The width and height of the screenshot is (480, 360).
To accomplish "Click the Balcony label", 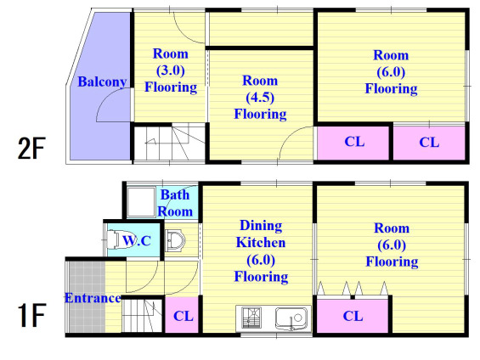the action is (x=102, y=82).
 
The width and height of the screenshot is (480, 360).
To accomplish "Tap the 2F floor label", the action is (x=31, y=149).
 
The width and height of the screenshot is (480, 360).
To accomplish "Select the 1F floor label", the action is (x=31, y=315).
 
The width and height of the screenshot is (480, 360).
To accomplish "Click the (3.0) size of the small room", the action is (x=171, y=70).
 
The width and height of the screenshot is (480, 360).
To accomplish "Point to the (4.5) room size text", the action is (x=260, y=98).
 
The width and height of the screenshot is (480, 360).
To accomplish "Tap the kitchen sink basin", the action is (x=291, y=318).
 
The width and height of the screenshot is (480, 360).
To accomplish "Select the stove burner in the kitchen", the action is (x=251, y=318).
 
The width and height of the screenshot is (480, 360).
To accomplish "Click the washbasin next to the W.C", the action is (x=175, y=240).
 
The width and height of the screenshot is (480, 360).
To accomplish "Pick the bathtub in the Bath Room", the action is (x=141, y=202).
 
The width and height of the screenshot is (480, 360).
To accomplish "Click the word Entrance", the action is (x=93, y=298).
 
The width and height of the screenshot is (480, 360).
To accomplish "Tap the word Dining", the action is (x=261, y=226).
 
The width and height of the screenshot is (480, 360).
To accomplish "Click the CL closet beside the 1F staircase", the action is (x=183, y=315).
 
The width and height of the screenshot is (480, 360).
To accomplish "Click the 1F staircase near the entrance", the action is (x=142, y=315).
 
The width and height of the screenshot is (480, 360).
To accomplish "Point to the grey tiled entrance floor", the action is (x=87, y=296).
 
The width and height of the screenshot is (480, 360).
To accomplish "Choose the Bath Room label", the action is (x=175, y=203).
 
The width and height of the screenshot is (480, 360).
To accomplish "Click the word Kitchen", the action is (x=261, y=243).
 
